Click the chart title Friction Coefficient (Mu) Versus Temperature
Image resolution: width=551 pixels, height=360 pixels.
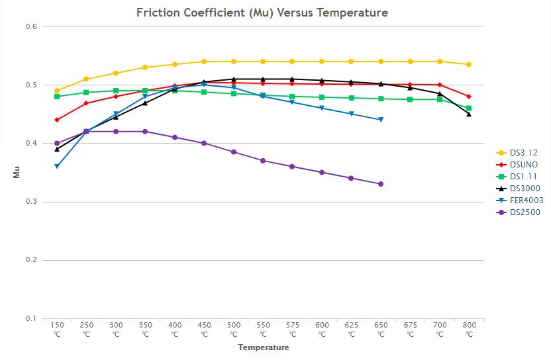point(262,13)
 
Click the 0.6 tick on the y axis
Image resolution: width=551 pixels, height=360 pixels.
point(31,26)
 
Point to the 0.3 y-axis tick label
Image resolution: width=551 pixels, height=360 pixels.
point(31,202)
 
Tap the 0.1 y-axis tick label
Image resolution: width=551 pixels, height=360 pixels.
point(31,318)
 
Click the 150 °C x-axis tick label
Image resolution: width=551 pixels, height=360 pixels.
point(57,330)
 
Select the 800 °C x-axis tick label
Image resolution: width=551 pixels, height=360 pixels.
point(469,330)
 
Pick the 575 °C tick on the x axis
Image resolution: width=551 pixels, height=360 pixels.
point(292,330)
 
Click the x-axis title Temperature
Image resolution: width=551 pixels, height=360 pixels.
point(264,347)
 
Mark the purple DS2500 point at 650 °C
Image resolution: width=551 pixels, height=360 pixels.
point(381,184)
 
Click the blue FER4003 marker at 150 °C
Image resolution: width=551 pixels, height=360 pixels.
point(57,167)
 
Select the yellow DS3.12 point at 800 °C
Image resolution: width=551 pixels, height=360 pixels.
point(469,64)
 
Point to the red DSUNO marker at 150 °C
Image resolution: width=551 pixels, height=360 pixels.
point(57,120)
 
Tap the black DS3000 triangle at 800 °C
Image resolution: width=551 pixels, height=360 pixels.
point(469,114)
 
